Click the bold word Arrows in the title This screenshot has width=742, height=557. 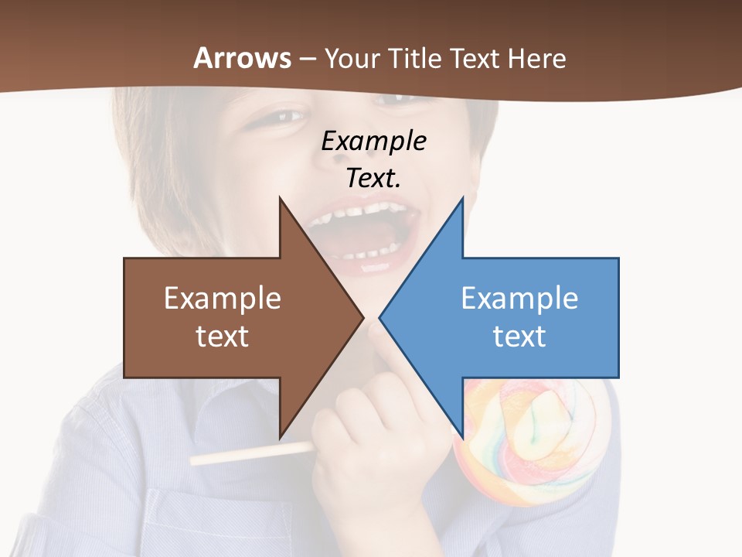pos(243,58)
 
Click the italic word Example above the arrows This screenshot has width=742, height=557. pos(373,142)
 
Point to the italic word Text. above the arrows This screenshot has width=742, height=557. pos(373,178)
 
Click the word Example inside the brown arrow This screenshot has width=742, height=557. pos(223,299)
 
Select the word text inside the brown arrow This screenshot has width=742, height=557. pos(223,337)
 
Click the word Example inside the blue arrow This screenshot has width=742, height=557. pos(519,299)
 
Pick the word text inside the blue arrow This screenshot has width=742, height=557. pos(519,337)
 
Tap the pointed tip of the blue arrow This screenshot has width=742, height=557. pos(381,317)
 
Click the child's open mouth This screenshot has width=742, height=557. pos(363,232)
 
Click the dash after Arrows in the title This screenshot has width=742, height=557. pos(307,59)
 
